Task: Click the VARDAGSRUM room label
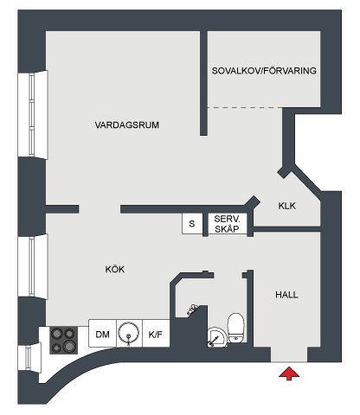coord(127,124)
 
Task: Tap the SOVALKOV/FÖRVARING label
coord(264,71)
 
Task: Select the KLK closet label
coord(287,206)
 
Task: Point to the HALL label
coord(286,295)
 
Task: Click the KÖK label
coord(115,269)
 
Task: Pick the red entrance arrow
coord(289,373)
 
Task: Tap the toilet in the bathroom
coord(236,328)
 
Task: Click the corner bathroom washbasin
coord(216,336)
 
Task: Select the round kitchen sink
coord(129,333)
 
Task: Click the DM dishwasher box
coord(102,333)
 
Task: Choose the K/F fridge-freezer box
coord(156,333)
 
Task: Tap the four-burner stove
coord(63,340)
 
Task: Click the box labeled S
coord(192,223)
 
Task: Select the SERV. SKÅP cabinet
coord(228,224)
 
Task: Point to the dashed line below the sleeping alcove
coord(245,108)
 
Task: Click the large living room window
coord(33,115)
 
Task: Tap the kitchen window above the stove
coord(33,266)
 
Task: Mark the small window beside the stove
coord(29,358)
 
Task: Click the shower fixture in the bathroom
coord(192,310)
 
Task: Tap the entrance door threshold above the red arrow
coord(289,362)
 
